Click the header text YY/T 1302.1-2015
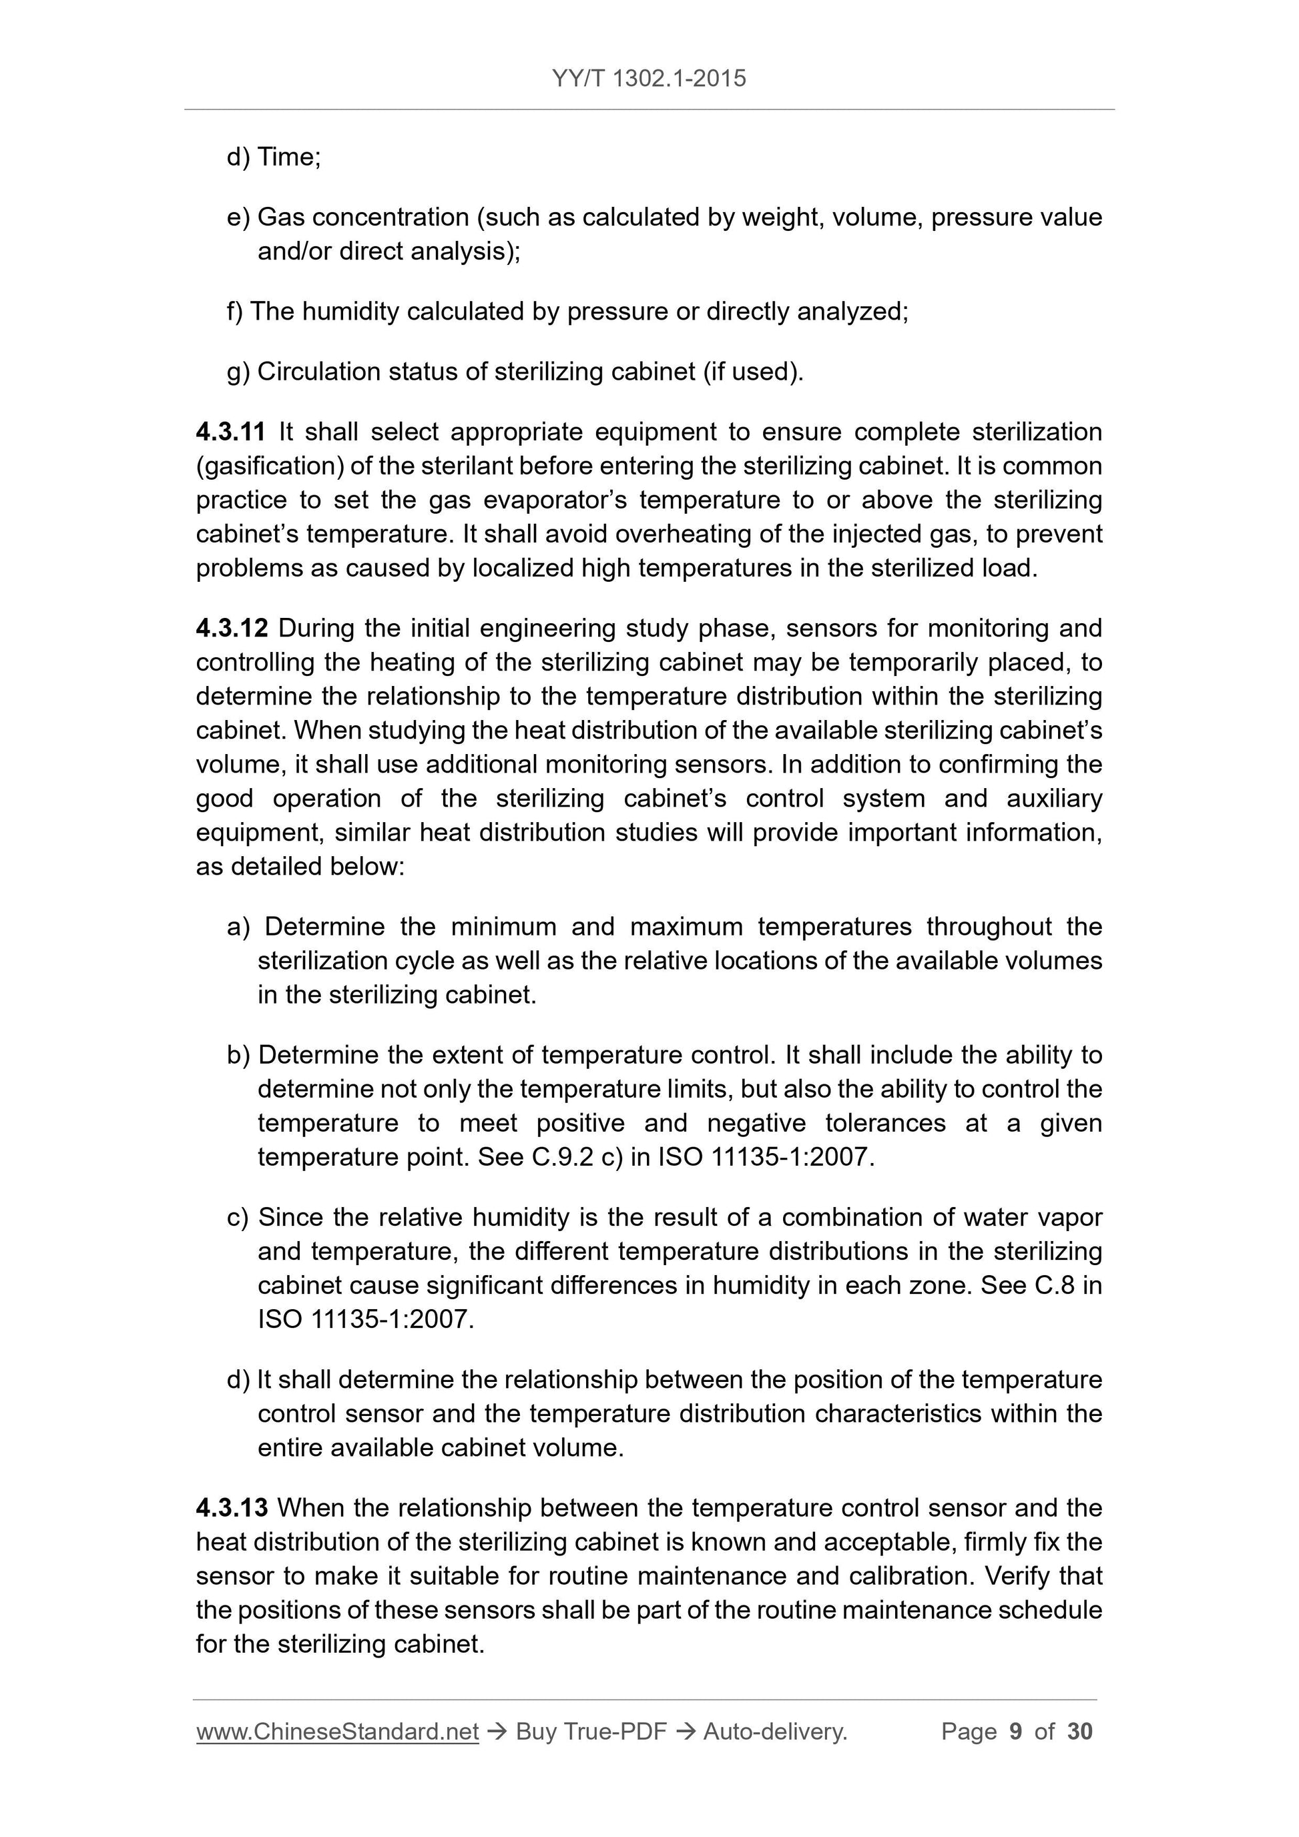pyautogui.click(x=648, y=79)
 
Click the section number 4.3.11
pyautogui.click(x=230, y=432)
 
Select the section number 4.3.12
pyautogui.click(x=232, y=628)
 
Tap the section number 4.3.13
pyautogui.click(x=232, y=1508)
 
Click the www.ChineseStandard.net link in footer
pyautogui.click(x=337, y=1732)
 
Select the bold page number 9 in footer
pyautogui.click(x=1016, y=1732)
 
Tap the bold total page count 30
pyautogui.click(x=1079, y=1732)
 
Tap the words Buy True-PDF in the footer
pyautogui.click(x=591, y=1732)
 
